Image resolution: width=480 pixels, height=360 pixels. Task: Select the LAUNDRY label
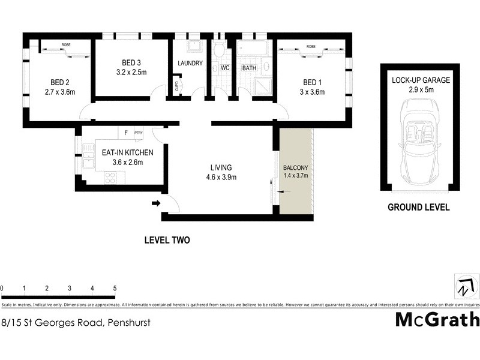(190, 64)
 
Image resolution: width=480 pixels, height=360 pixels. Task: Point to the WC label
(225, 68)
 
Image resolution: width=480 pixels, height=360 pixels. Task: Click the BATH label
(249, 68)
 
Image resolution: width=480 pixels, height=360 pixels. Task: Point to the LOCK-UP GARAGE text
(421, 80)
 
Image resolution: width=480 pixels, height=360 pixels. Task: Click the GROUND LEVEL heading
(418, 208)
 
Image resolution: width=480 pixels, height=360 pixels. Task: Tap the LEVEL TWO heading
(167, 240)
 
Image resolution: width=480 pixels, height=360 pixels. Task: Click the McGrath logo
(437, 319)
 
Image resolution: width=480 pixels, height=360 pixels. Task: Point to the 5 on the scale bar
(115, 289)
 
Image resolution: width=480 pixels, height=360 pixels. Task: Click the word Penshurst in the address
(128, 322)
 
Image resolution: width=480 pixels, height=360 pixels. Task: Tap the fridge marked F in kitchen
(126, 132)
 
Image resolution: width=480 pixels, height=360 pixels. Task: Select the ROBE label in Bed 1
(310, 46)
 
